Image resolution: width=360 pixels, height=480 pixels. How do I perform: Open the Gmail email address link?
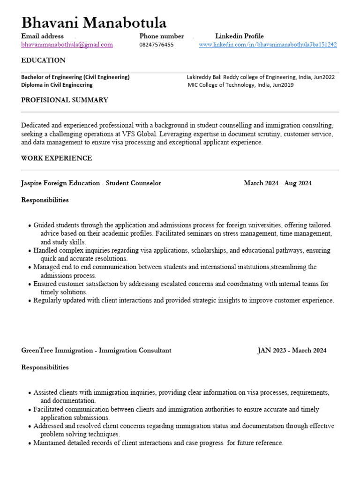point(67,45)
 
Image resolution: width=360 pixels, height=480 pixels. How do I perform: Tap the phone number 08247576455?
point(156,45)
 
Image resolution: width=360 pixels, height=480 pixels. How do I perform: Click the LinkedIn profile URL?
point(268,45)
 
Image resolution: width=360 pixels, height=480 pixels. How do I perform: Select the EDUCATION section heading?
point(43,60)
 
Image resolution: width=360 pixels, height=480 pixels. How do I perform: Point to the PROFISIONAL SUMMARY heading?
point(65,100)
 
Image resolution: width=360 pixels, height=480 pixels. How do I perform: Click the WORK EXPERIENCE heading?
point(56,158)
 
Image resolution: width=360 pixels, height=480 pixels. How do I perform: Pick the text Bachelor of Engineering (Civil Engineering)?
point(75,77)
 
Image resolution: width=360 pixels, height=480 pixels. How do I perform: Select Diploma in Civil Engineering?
point(57,85)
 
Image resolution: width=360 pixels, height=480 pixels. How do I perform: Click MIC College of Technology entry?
point(240,85)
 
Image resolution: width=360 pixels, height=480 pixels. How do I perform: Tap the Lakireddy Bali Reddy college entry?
point(261,77)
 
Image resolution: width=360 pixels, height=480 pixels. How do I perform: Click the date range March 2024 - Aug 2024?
point(277,183)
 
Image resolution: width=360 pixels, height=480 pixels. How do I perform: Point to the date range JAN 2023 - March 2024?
point(292,351)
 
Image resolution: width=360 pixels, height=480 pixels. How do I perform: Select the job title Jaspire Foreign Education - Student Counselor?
point(91,183)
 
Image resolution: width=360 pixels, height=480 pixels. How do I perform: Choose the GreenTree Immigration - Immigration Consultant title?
point(96,351)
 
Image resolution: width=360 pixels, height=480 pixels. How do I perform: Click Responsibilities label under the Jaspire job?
point(45,200)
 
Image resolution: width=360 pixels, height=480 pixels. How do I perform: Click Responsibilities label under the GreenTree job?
point(45,367)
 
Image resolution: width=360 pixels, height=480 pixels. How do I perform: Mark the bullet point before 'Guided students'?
point(30,226)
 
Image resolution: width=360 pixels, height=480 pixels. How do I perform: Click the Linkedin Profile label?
point(239,36)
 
